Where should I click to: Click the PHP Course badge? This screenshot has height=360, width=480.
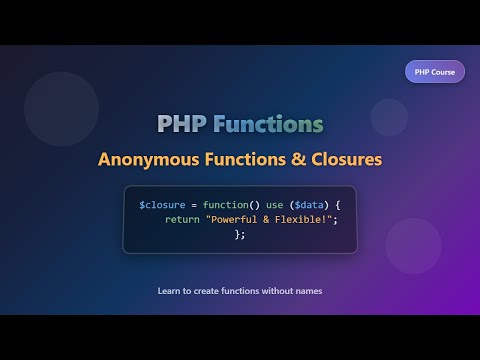tap(434, 72)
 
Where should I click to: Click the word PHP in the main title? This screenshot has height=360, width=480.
tap(182, 125)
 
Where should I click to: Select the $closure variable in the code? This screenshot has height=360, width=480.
tap(162, 205)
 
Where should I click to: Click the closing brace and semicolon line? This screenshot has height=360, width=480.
tap(239, 235)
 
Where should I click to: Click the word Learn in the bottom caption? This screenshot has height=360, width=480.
tap(169, 292)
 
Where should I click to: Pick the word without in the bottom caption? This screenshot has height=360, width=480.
tap(273, 292)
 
